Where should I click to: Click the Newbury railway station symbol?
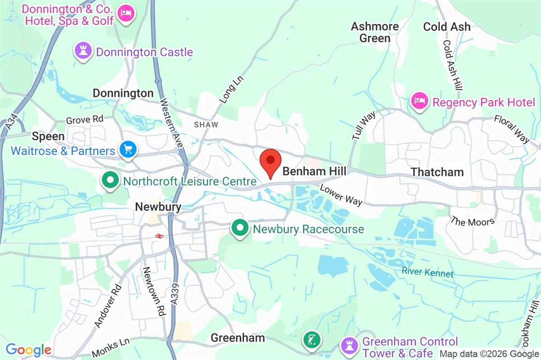tap(158, 235)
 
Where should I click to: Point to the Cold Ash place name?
tap(446, 27)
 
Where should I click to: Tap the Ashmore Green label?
tap(375, 32)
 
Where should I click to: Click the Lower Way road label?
tap(341, 195)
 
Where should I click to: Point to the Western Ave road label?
tap(171, 123)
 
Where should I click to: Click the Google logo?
tap(28, 350)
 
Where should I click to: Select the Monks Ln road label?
tap(110, 348)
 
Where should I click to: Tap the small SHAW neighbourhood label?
tap(206, 125)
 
